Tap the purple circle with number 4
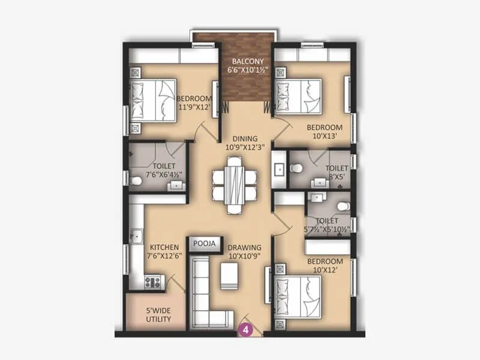pos(245,328)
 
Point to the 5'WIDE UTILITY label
pos(158,315)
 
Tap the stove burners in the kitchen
pos(152,280)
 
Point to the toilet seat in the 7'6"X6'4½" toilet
pos(136,179)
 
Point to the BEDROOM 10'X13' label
pos(324,131)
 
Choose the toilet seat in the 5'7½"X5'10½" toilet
pos(342,206)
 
